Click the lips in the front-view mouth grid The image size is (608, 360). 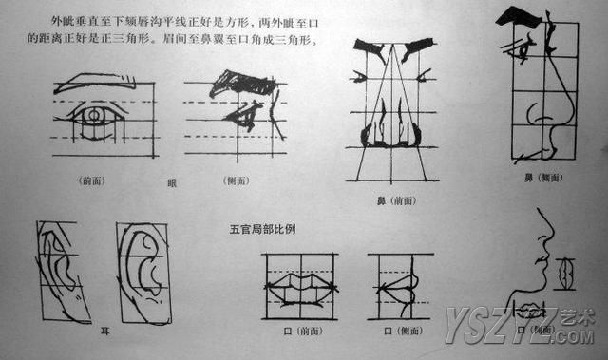pos(299,284)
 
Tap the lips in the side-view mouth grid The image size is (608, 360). pos(399,284)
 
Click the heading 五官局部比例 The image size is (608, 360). pos(262,228)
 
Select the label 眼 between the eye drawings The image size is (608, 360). pos(171,182)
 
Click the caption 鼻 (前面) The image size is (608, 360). pos(391,200)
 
